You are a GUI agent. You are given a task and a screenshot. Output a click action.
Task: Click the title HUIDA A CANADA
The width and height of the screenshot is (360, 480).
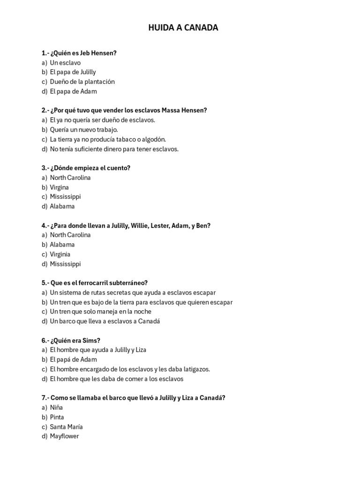[x=183, y=28]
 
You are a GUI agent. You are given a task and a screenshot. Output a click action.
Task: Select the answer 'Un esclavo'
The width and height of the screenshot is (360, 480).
[x=65, y=62]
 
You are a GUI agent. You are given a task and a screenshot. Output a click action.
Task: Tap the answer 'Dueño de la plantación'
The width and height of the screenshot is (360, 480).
[x=82, y=82]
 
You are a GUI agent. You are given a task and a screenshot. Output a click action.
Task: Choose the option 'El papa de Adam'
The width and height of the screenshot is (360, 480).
[x=73, y=91]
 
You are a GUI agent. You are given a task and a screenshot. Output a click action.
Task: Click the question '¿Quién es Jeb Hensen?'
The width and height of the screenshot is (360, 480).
[x=79, y=53]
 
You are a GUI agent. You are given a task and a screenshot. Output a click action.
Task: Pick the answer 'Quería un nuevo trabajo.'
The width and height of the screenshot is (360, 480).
[x=84, y=129]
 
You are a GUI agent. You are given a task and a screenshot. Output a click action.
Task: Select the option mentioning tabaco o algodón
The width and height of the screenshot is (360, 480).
[x=108, y=139]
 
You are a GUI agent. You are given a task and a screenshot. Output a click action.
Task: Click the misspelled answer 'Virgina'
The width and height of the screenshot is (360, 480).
[x=59, y=187]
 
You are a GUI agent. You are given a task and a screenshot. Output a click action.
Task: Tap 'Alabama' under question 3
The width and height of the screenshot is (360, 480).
[x=62, y=206]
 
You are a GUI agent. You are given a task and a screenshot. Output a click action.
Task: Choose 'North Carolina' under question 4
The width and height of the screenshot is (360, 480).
[x=70, y=235]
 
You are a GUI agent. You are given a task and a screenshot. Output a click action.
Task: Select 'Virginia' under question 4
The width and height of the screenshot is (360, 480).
[x=60, y=254]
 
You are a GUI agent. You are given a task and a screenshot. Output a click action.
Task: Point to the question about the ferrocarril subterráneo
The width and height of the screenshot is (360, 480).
[x=94, y=283]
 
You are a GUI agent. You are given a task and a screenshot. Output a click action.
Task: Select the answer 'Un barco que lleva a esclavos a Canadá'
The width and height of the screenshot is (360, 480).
[x=105, y=321]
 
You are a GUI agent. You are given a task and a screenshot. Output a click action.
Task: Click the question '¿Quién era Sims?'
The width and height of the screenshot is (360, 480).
[x=71, y=340]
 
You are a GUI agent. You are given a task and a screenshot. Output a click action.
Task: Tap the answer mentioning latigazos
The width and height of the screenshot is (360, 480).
[x=130, y=369]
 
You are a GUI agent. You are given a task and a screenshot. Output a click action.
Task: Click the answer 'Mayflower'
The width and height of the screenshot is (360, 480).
[x=64, y=436]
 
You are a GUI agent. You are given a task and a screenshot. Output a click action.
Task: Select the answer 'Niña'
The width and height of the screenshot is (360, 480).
[x=56, y=407]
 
